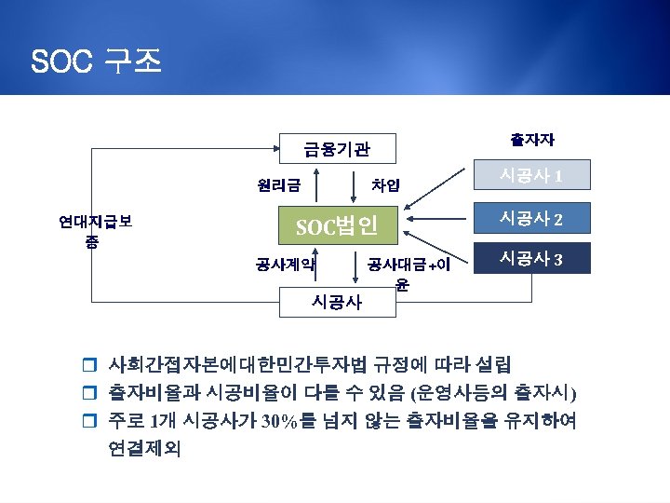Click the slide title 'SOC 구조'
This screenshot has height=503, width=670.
(97, 61)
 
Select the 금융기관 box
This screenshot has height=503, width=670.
(337, 148)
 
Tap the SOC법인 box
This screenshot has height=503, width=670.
(337, 225)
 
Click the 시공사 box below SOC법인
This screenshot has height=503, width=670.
(337, 302)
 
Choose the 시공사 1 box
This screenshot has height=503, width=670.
(530, 175)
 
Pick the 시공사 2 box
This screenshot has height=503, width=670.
(530, 219)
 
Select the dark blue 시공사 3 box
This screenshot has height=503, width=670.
(530, 257)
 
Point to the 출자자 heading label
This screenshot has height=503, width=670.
(532, 140)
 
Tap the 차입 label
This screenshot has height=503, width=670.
(385, 184)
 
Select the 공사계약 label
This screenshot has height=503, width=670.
(286, 264)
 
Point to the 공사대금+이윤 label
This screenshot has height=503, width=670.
(408, 272)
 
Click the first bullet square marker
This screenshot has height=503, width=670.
(90, 364)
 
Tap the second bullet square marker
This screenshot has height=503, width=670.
(90, 392)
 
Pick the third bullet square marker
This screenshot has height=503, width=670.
(90, 420)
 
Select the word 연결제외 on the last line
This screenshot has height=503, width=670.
(146, 449)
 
